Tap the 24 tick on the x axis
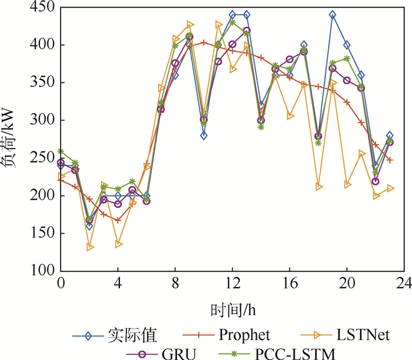point(404,283)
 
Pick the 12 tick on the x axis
point(232,283)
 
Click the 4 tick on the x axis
point(118,283)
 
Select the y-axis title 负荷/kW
point(13,139)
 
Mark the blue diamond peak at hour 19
point(333,15)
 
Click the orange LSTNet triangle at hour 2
point(89,247)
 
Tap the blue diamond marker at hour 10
point(204,135)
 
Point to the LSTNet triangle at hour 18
point(318,187)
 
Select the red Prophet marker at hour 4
point(118,220)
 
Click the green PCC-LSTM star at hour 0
point(61,151)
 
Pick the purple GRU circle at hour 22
point(376,181)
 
